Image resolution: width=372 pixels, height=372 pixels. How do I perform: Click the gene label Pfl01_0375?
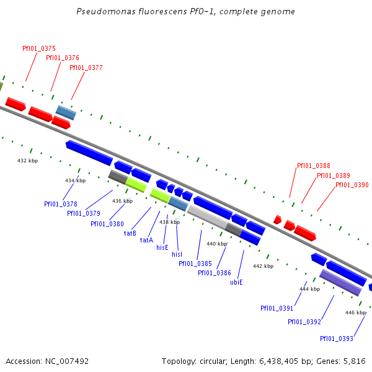[39, 48]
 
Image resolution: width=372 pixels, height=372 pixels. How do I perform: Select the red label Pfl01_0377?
[86, 68]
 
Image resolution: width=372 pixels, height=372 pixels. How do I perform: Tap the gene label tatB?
[130, 233]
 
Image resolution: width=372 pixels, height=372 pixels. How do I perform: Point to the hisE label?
[162, 247]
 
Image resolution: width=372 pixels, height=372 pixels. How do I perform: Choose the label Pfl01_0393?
[337, 339]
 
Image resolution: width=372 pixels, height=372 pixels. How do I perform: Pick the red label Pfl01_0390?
[352, 185]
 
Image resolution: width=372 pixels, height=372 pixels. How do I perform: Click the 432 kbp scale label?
[27, 161]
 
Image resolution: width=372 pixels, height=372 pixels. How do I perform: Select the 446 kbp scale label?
[355, 312]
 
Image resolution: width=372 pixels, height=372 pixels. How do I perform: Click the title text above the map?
[186, 12]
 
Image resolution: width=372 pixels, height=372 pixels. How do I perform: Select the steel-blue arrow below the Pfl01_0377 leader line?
[66, 112]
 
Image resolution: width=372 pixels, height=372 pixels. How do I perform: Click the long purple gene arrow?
[340, 282]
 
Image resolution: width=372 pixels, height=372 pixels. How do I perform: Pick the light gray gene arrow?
[207, 218]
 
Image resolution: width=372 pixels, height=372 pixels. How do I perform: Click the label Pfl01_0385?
[195, 263]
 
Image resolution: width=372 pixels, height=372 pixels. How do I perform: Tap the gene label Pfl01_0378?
[61, 204]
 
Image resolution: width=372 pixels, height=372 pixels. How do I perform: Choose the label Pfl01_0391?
[277, 308]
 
